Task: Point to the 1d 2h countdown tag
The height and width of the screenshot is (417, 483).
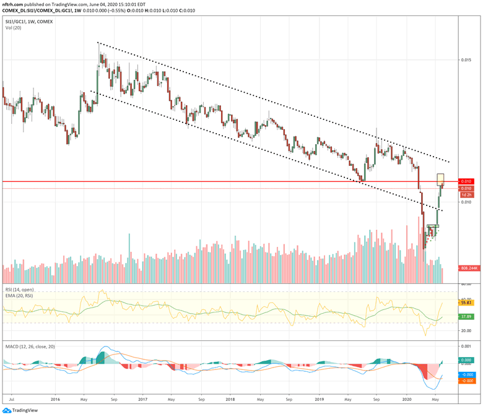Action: [467, 194]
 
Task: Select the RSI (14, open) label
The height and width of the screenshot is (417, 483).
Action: [19, 289]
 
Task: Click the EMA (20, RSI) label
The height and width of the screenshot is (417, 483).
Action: [20, 295]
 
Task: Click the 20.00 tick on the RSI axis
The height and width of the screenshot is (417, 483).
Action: [466, 330]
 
